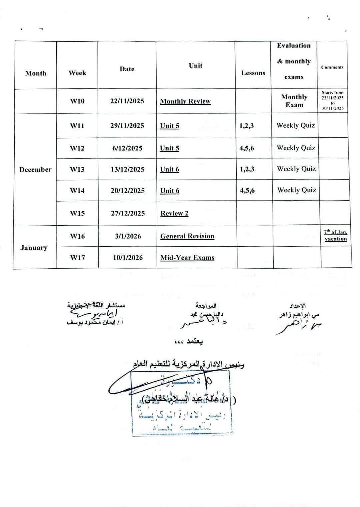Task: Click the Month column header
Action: pos(36,73)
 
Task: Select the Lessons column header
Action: pos(253,73)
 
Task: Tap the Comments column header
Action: pos(332,67)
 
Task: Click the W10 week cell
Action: pos(77,101)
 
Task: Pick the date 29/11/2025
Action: pos(127,126)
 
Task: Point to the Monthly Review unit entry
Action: pos(185,101)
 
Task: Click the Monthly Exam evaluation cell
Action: pos(294,101)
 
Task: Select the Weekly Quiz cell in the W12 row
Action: pos(296,148)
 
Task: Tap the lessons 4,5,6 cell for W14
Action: pos(247,190)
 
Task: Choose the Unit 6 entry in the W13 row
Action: pos(170,169)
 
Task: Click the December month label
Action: pos(35,170)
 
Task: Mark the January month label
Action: pos(34,248)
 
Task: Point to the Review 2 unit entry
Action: pos(174,213)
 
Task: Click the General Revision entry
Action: pos(187,236)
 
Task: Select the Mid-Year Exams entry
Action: pos(187,258)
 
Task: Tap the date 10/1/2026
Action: pos(128,258)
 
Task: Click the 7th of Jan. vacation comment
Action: pos(336,235)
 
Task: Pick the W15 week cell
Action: pos(77,213)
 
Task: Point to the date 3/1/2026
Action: pos(128,236)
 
